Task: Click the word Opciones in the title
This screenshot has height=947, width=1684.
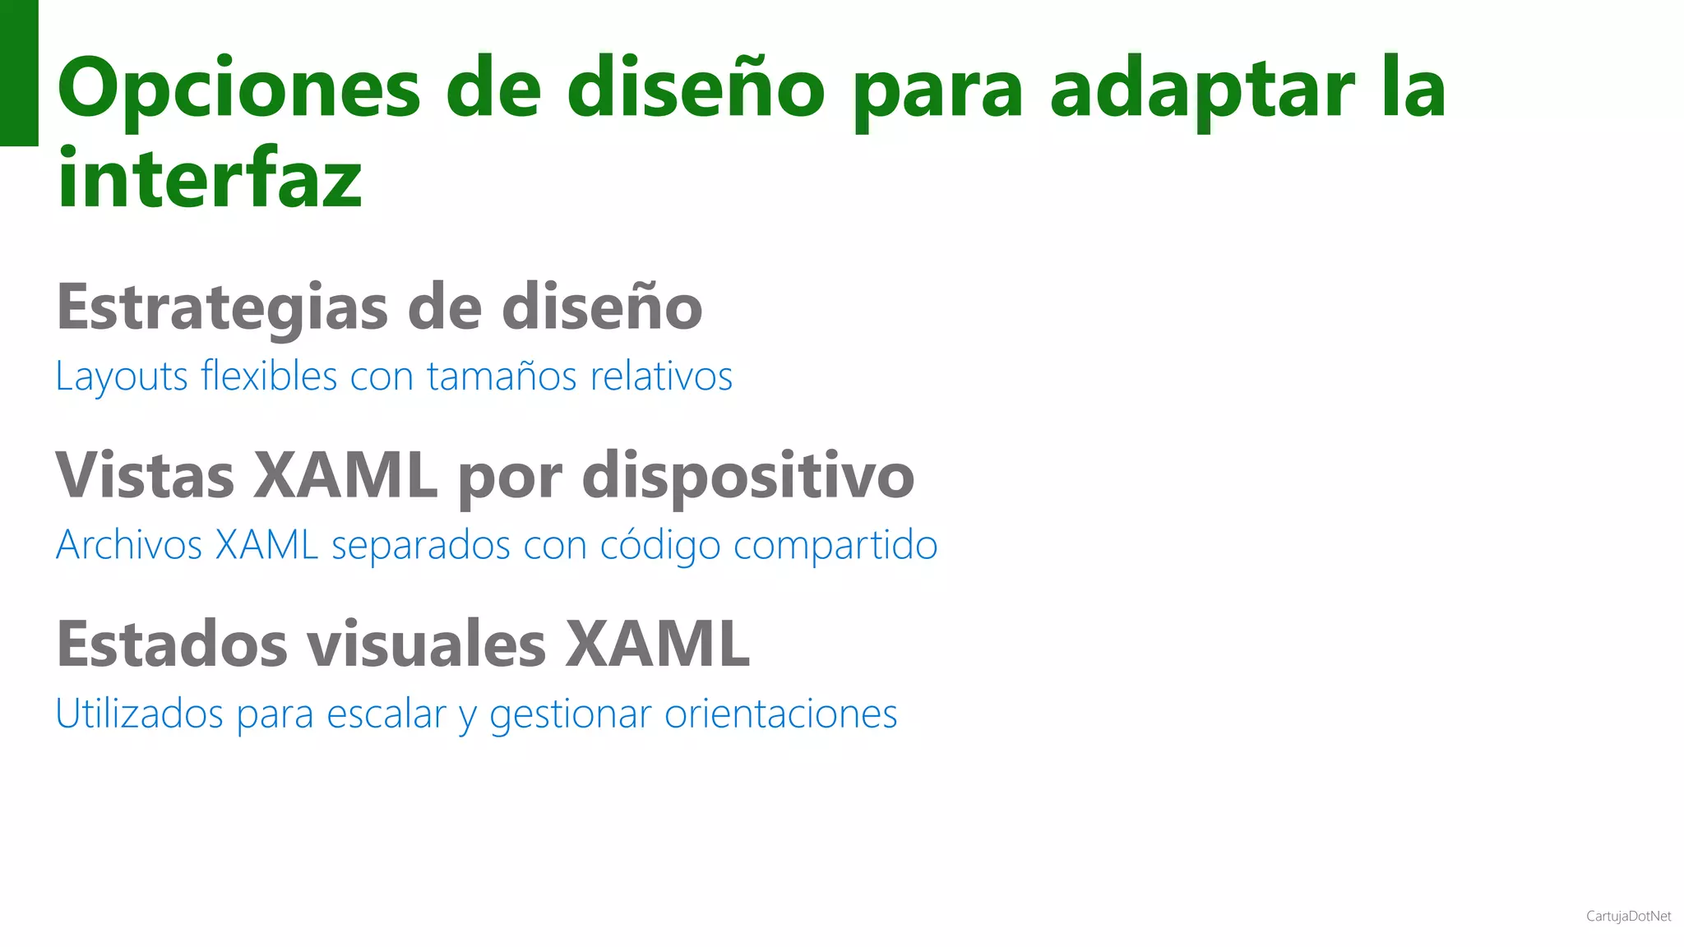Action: (238, 89)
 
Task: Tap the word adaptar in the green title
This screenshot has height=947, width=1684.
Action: (1201, 89)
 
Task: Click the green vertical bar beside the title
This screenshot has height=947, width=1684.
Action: (19, 72)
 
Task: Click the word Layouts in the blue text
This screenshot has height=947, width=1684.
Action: (122, 376)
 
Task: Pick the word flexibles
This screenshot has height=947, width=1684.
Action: (269, 376)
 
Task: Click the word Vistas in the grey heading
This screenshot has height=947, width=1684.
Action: (145, 476)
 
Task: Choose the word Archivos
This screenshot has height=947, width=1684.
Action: (129, 545)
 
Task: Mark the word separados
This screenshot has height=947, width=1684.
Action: (420, 545)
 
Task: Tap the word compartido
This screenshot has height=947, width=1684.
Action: (835, 545)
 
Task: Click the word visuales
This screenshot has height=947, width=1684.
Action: (426, 644)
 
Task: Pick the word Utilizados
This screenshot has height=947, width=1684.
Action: (139, 714)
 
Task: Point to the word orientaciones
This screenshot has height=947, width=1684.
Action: (780, 714)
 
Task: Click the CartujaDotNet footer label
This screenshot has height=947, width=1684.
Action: (1628, 916)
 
